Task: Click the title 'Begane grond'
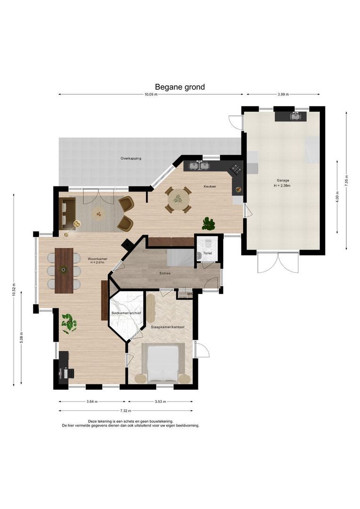tap(180, 87)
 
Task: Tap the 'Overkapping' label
tap(131, 158)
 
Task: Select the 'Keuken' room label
tap(210, 186)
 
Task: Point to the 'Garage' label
tap(283, 180)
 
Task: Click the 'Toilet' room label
tap(207, 253)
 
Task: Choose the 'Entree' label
tap(165, 273)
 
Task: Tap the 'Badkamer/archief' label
tap(126, 313)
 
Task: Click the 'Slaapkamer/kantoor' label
tap(167, 327)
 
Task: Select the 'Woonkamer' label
tap(98, 259)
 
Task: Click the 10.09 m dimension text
tap(151, 94)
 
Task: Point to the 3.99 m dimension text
tap(283, 94)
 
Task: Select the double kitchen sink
tap(199, 166)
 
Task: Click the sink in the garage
tap(295, 116)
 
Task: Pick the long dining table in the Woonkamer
tap(64, 271)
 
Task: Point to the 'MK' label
tap(190, 294)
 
